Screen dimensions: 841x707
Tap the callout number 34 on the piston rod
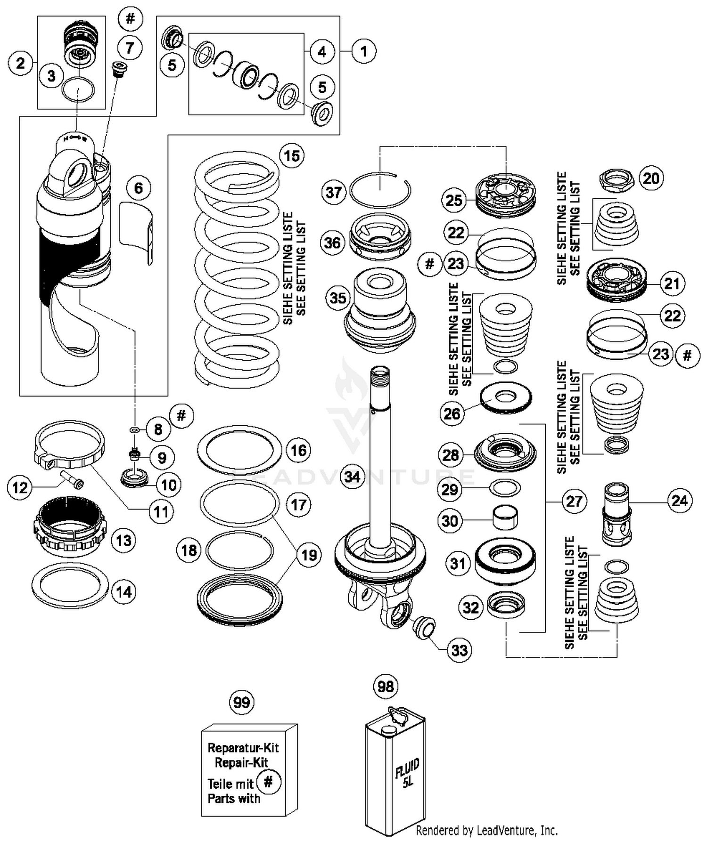(x=353, y=477)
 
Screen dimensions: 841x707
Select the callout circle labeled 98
(x=386, y=687)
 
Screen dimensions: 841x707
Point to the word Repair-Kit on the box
(x=241, y=762)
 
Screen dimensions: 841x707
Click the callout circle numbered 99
(x=242, y=703)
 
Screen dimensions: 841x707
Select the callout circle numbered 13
(x=123, y=540)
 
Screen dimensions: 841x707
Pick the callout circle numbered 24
(x=680, y=501)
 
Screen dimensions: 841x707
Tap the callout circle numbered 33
(x=460, y=650)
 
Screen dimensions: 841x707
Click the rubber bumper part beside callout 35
(x=380, y=311)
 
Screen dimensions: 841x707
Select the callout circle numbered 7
(x=130, y=48)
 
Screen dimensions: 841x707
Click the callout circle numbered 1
(x=363, y=51)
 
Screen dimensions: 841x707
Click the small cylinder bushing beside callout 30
(x=505, y=518)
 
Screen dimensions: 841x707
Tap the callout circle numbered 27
(x=574, y=501)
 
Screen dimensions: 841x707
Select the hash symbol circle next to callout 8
(x=181, y=416)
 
